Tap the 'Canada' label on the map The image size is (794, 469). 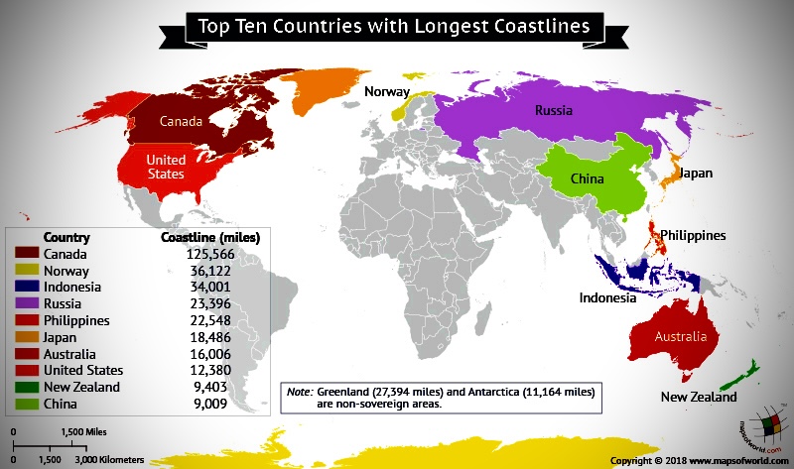182,123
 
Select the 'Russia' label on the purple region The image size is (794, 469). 553,110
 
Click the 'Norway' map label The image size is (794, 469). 387,92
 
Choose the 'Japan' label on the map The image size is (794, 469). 696,173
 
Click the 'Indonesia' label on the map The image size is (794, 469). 609,297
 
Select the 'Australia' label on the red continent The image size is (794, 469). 680,336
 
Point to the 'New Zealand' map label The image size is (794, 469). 700,398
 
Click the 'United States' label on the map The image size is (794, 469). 166,167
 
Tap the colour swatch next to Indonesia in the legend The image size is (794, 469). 27,287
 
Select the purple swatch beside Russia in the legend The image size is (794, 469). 27,303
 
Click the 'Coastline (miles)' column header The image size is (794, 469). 210,238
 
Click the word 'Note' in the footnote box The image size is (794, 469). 299,392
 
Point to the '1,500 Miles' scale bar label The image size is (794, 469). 84,432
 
